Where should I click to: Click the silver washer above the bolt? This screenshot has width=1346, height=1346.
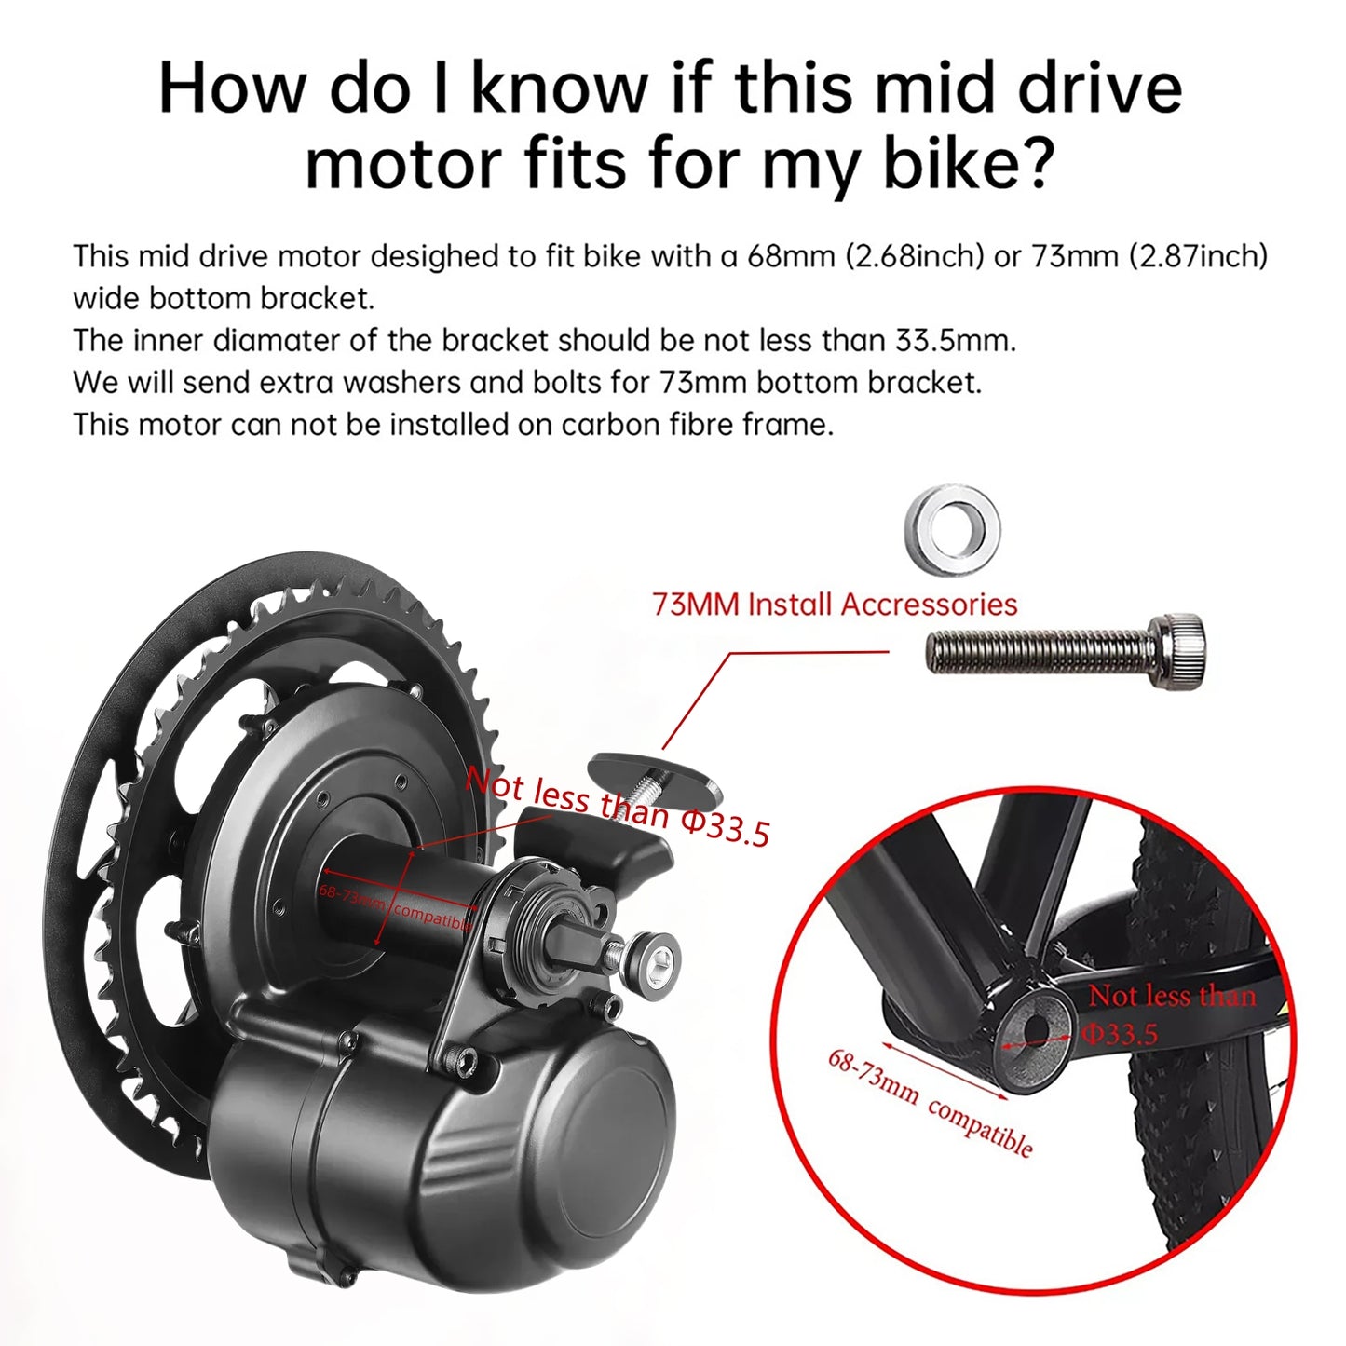click(952, 528)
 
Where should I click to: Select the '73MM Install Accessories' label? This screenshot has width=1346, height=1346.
click(835, 605)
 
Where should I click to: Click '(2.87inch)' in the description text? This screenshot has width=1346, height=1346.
click(1198, 256)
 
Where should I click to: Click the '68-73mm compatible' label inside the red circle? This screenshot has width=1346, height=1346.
click(931, 1103)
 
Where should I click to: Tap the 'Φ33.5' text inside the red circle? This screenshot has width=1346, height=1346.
click(1120, 1034)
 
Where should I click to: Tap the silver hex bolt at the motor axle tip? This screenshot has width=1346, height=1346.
click(652, 956)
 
